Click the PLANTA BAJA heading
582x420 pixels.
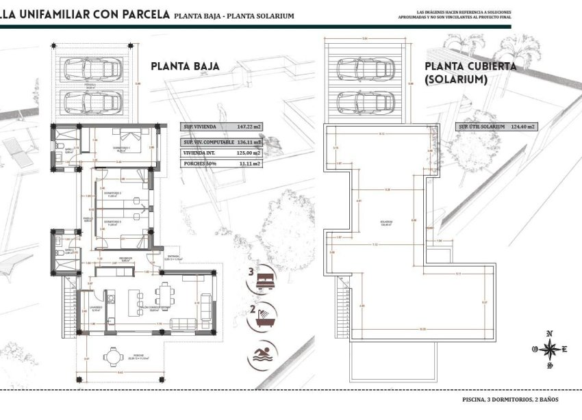[185, 66]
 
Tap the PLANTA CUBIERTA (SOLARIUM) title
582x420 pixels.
[470, 73]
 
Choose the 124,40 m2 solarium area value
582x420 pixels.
[523, 127]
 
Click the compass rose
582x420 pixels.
[549, 350]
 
